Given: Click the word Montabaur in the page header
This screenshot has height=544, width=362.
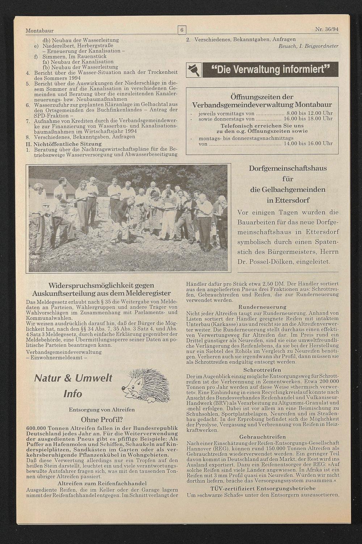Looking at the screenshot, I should tap(39, 31).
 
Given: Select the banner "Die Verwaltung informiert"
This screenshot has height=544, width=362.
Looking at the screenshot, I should tap(270, 70).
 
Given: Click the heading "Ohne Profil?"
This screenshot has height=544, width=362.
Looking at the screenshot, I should tap(102, 420).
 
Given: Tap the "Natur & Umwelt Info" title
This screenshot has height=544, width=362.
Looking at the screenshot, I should tap(73, 386).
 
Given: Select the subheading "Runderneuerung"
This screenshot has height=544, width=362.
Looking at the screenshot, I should tap(262, 307).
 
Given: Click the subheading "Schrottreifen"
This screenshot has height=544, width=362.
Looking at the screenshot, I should tap(262, 370).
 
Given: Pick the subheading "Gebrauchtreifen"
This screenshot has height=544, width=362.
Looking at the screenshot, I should tap(262, 437).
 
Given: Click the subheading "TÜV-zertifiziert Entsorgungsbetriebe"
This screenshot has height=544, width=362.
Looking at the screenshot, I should tap(262, 488).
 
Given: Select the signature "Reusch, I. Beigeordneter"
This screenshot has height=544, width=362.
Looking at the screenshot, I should tap(308, 46).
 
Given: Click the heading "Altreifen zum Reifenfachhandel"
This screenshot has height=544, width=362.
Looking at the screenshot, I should tap(102, 483).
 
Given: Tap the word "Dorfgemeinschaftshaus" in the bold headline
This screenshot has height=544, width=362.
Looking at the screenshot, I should tap(288, 169).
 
